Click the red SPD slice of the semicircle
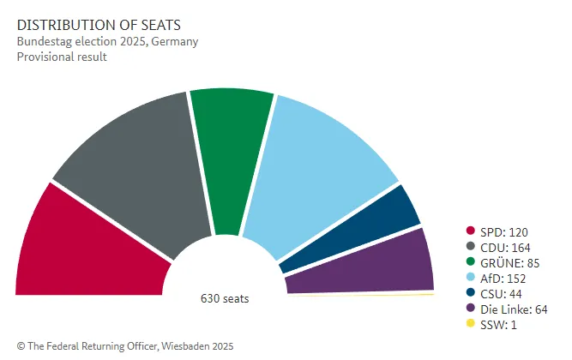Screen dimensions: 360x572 (86, 249)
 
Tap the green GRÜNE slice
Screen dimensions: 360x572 (230, 154)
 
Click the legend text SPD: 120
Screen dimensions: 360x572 (503, 231)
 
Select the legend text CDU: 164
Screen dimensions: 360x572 (504, 247)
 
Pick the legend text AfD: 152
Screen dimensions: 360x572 (503, 278)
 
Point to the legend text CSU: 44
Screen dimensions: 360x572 (501, 293)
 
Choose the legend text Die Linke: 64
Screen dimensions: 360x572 (513, 309)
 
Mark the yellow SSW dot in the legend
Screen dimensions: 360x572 (470, 324)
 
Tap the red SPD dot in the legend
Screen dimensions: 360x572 (470, 231)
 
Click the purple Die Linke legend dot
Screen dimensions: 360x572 (470, 309)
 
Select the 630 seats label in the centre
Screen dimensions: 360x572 (225, 299)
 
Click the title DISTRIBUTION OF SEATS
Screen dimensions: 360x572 (91, 26)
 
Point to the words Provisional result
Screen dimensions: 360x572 (61, 57)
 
